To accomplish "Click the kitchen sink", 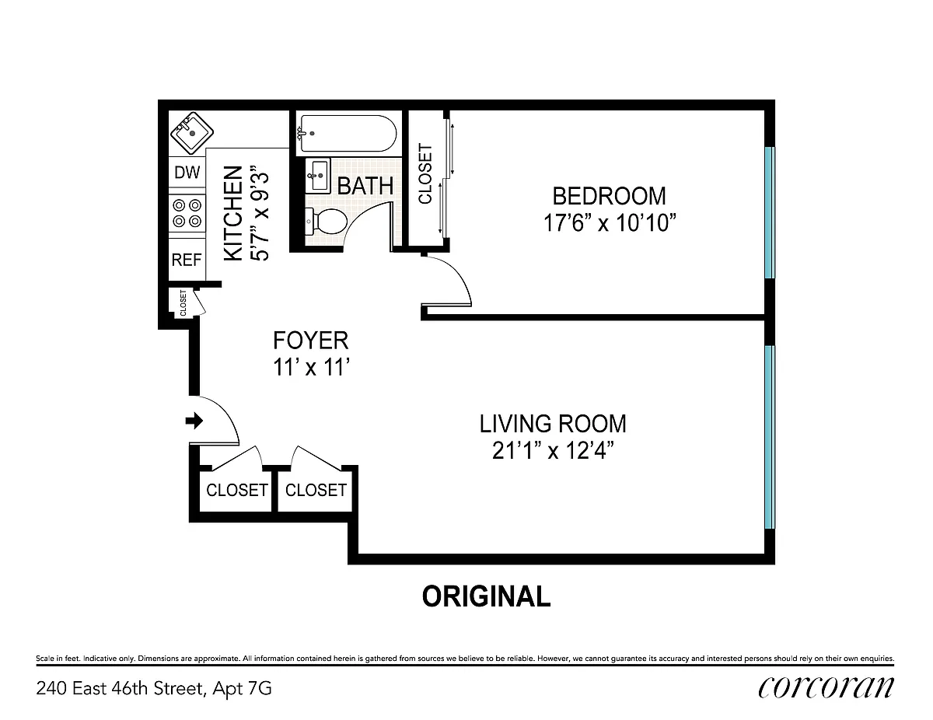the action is point(192,133).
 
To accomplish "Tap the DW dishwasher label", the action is point(187,173).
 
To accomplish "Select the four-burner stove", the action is point(187,213).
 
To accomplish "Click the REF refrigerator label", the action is point(187,260).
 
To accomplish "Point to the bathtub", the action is point(348,133).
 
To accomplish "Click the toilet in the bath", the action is point(327,222).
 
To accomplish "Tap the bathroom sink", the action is point(318,176).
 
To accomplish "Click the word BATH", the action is point(365,186).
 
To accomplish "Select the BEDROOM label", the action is point(609,196).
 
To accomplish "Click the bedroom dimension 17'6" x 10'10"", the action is point(610,223).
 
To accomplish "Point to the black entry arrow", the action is point(194,421).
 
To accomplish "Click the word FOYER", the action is point(310,341).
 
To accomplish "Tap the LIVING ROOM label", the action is point(553,424).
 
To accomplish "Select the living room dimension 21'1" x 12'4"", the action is point(553,451).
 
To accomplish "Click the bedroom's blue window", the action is point(770,213).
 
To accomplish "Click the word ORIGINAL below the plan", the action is point(486,596).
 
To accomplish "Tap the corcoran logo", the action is point(826,688).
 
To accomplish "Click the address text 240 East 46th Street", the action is point(119,689).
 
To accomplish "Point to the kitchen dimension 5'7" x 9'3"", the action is point(260,212).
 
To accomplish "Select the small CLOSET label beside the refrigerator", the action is point(183,303).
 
